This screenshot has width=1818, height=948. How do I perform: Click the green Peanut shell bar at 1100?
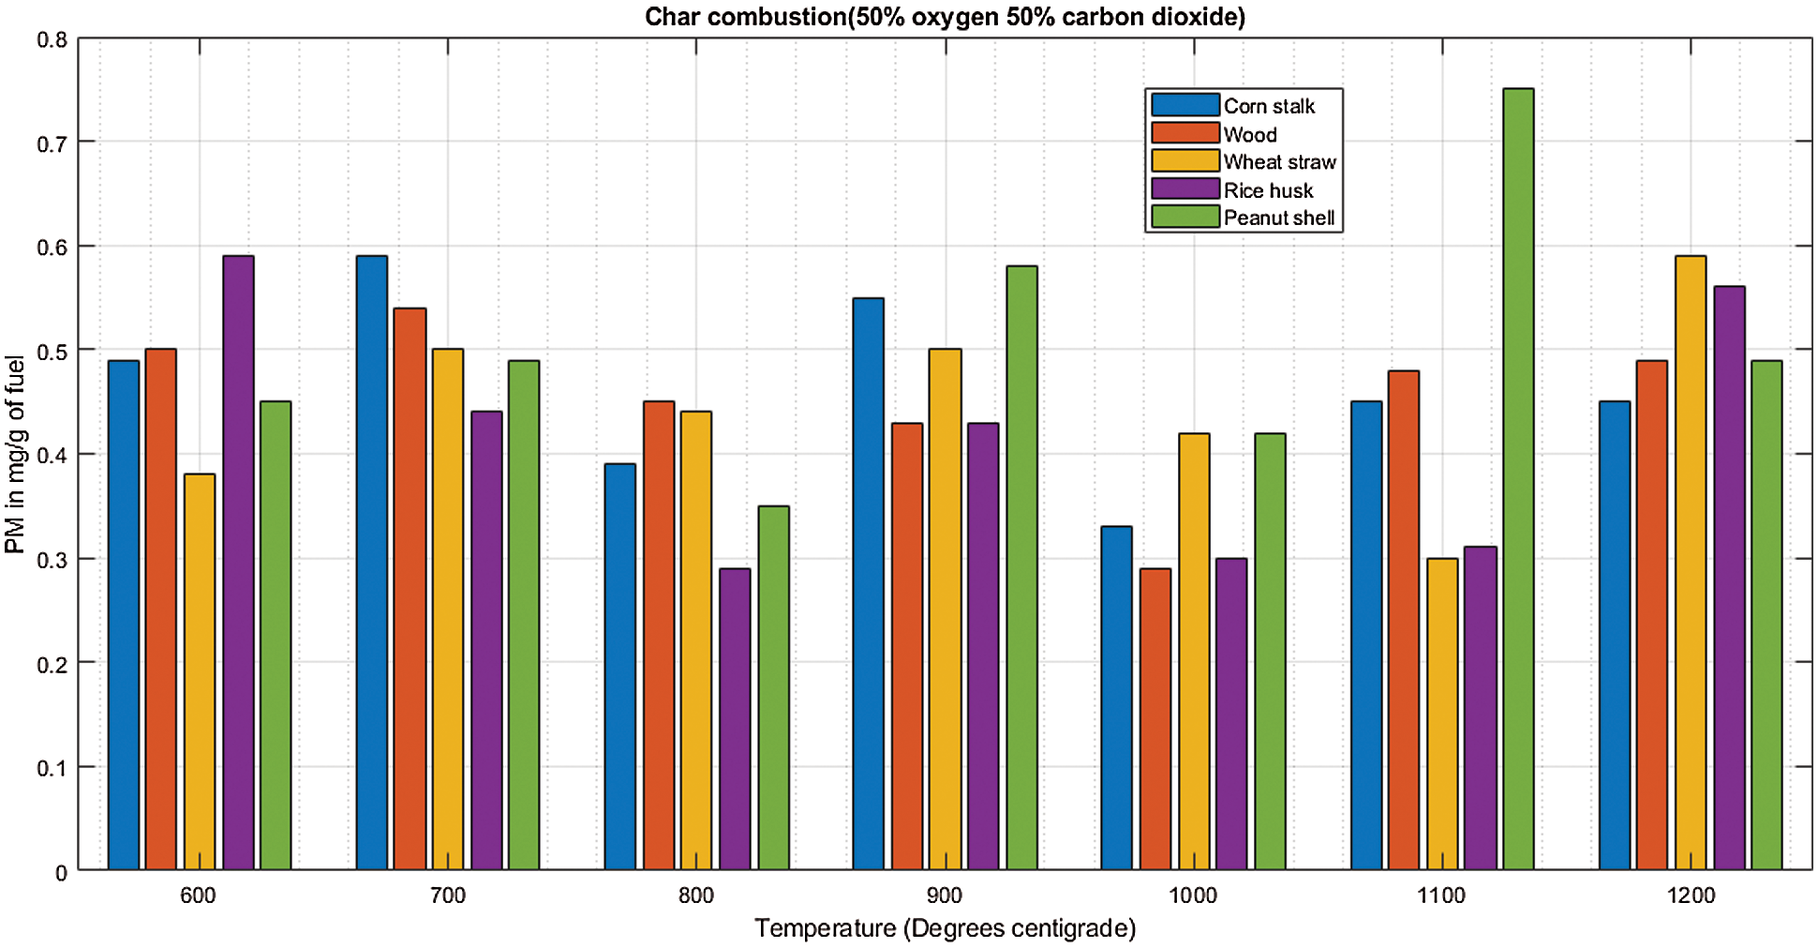point(1518,479)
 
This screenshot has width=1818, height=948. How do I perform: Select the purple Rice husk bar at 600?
point(238,563)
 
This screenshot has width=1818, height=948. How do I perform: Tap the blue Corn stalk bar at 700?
point(371,563)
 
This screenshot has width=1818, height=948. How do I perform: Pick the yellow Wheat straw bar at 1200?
point(1691,563)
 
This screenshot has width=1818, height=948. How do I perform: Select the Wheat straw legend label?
point(1279,162)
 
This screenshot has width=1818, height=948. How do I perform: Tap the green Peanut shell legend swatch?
point(1185,218)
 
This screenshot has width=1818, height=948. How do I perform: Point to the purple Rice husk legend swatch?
point(1185,189)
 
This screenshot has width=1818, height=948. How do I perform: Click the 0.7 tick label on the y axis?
point(52,143)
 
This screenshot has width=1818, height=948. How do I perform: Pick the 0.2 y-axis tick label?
point(52,665)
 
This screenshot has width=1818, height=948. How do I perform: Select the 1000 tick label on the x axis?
point(1193,895)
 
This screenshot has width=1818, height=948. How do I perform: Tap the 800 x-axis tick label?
point(696,895)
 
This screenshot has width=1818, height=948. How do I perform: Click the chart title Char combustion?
point(945,17)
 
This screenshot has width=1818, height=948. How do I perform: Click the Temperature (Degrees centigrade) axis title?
point(945,928)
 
